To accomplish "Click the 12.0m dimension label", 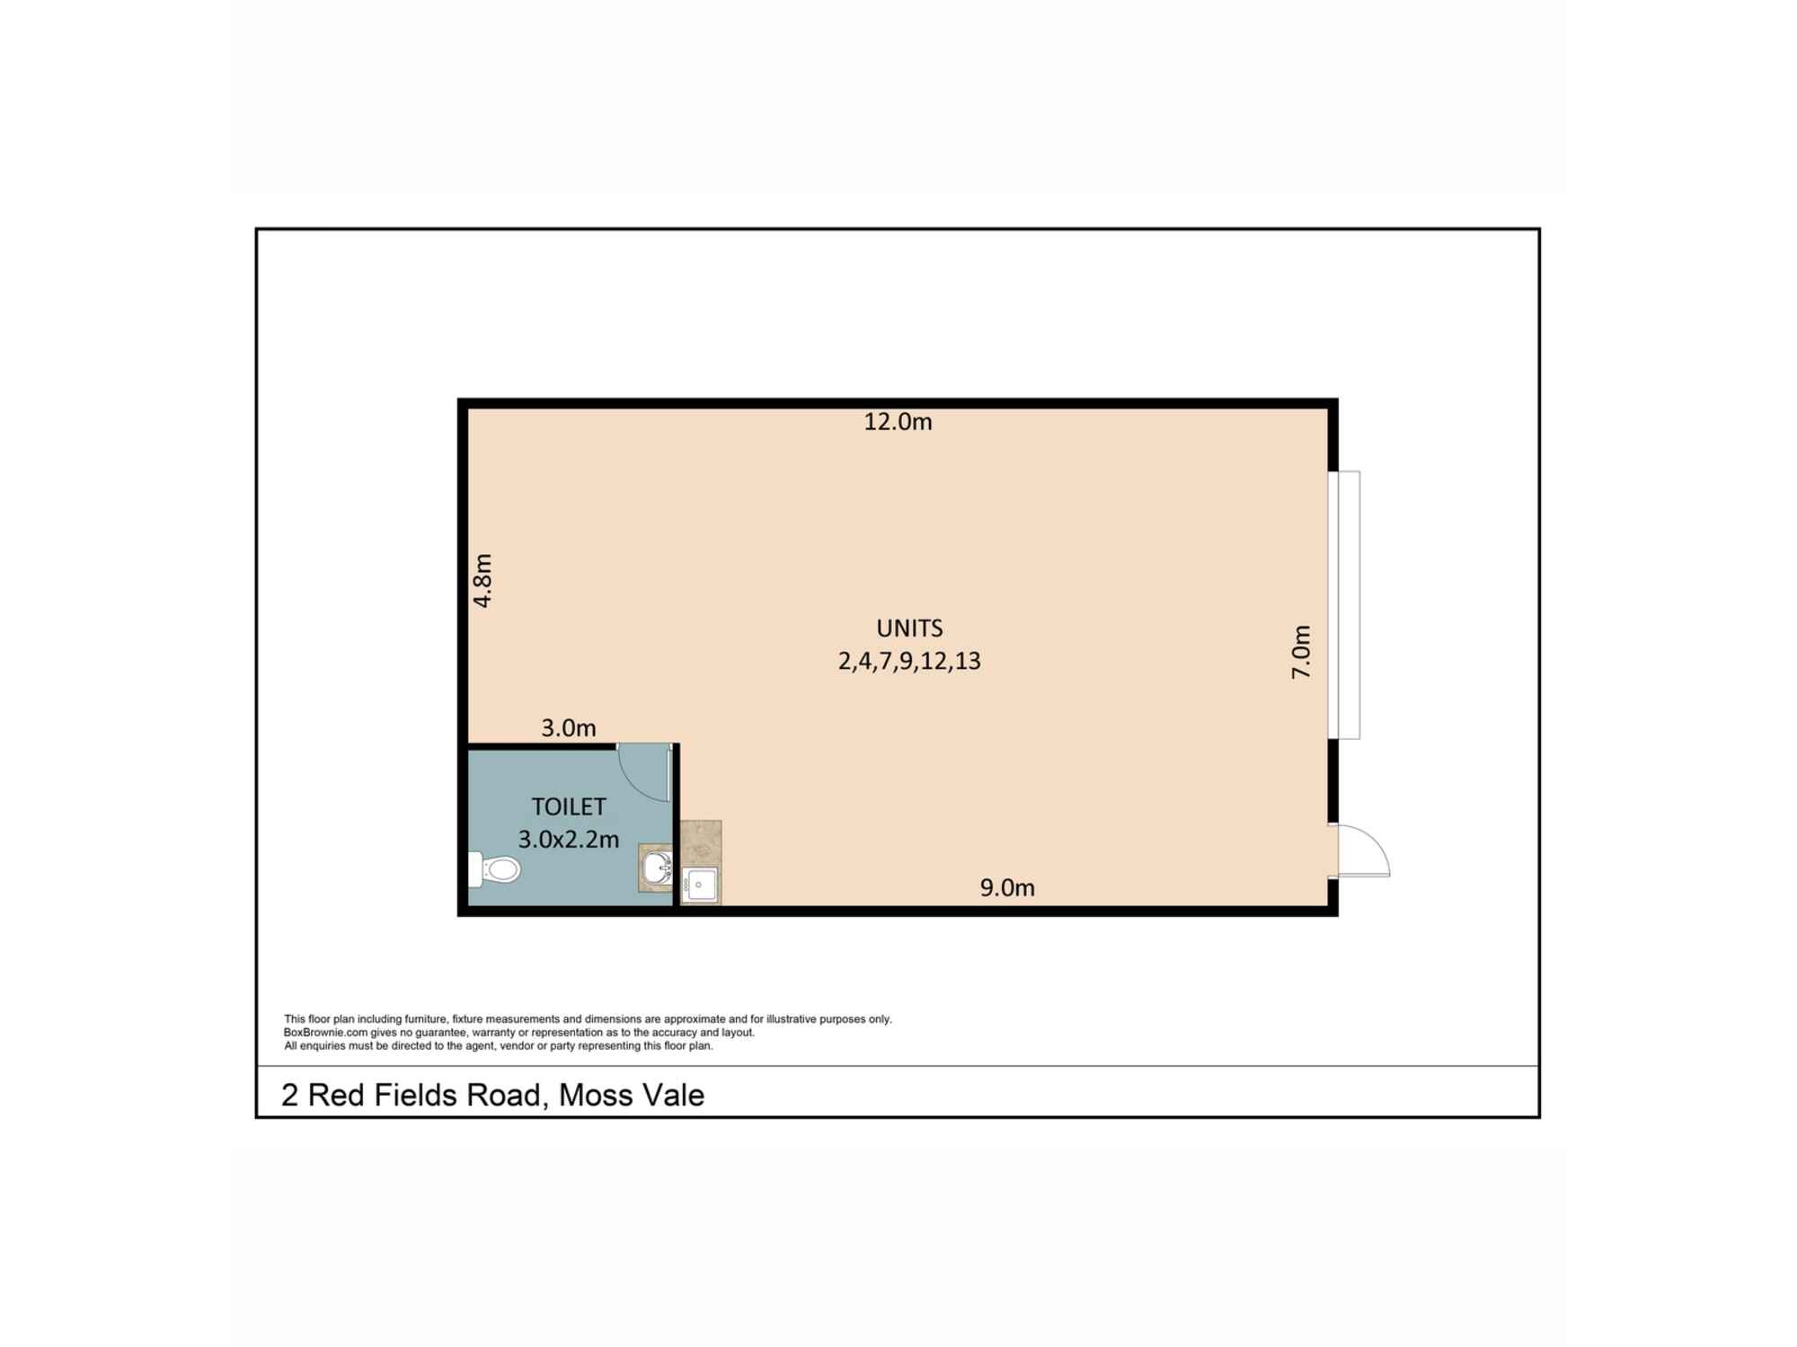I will tap(898, 421).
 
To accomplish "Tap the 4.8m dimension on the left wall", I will tap(482, 580).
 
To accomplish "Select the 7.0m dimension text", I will tap(1301, 652).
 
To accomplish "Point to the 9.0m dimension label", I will tap(1007, 888).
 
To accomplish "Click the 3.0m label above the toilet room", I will tap(568, 727).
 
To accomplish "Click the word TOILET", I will tap(568, 806).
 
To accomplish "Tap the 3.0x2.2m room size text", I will tap(568, 840).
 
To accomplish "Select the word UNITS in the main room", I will tap(909, 628).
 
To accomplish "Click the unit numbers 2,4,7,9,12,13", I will tap(909, 662).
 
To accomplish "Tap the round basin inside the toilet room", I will tap(657, 868).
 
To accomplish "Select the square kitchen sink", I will tap(700, 885).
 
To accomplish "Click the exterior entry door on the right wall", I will tap(1362, 851).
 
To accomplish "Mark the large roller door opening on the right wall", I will tap(1345, 604).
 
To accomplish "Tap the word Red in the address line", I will tap(335, 1096).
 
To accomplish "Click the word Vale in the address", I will tap(670, 1096).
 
